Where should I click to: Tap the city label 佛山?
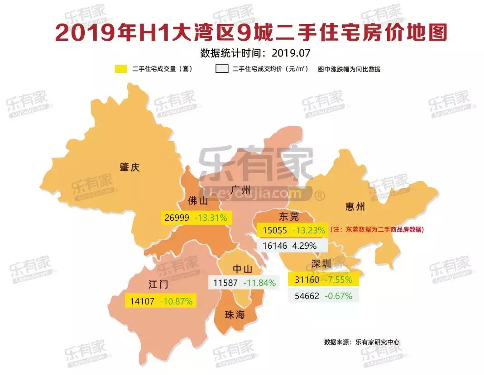click(198, 201)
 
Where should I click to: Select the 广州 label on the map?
click(240, 189)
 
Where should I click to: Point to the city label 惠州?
click(355, 207)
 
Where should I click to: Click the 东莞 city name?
click(289, 216)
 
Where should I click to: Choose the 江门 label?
click(158, 285)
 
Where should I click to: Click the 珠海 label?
click(235, 314)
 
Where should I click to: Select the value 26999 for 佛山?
click(177, 218)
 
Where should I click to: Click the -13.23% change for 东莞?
click(309, 230)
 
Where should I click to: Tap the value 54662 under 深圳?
click(307, 296)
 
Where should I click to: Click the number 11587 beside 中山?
click(225, 283)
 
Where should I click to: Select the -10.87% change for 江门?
click(175, 301)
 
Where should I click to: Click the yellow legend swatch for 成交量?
click(121, 69)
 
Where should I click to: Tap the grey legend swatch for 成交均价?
click(221, 69)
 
